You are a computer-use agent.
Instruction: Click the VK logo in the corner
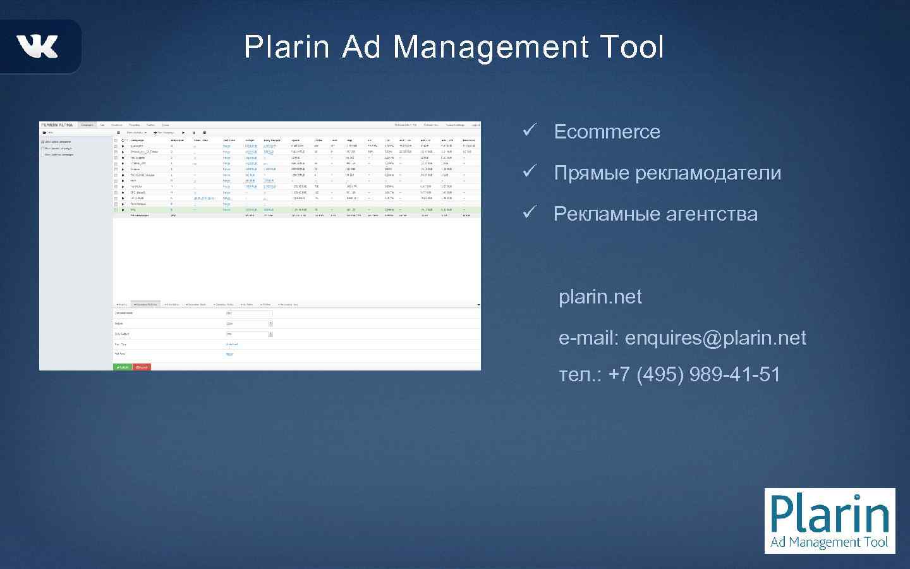(37, 46)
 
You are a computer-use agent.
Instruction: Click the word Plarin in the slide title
(287, 47)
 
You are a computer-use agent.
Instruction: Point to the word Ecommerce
(607, 132)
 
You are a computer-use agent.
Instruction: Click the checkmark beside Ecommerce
(529, 130)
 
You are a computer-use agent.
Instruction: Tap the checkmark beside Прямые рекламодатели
(529, 171)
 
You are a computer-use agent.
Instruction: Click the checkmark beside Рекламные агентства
(529, 212)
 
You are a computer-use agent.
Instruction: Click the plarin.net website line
(600, 297)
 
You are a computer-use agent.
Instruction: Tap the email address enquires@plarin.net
(715, 338)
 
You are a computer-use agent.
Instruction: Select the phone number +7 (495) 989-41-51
(694, 374)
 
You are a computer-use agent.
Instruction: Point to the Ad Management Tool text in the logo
(829, 542)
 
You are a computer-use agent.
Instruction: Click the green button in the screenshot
(123, 367)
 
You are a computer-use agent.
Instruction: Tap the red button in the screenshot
(142, 367)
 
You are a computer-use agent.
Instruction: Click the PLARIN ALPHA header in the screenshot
(57, 125)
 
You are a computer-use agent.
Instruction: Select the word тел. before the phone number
(580, 374)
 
